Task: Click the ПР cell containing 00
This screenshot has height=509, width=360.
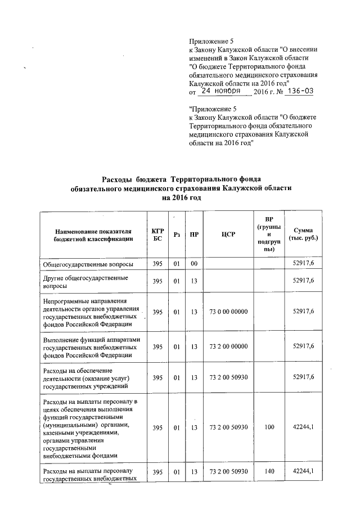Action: click(194, 263)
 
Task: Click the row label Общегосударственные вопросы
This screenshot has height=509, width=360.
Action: click(88, 263)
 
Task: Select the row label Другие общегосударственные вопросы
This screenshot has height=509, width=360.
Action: click(85, 281)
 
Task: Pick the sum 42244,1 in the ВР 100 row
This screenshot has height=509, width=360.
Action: click(304, 427)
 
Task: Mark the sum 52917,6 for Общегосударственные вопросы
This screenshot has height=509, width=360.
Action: click(304, 263)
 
